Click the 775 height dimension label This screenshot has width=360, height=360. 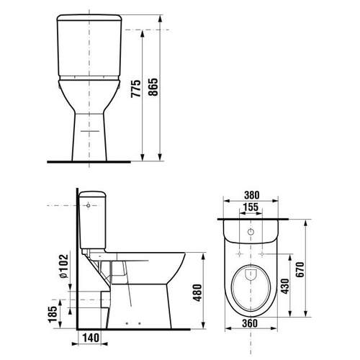tap(136, 89)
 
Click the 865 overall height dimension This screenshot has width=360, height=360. tap(153, 87)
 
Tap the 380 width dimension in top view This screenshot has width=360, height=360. tap(252, 195)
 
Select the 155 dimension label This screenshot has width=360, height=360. tap(251, 207)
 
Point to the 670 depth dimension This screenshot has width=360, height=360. tap(300, 269)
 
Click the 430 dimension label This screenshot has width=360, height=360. tap(285, 286)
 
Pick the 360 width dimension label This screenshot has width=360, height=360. tap(250, 323)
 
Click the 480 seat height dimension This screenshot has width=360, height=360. tap(197, 293)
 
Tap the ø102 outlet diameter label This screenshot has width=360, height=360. tap(63, 266)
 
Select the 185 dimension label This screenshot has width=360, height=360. tap(53, 314)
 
